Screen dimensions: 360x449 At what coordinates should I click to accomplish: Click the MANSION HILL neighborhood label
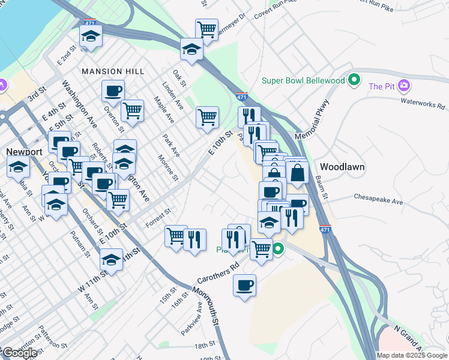[113, 71]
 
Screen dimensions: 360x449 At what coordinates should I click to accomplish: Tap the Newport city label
[25, 152]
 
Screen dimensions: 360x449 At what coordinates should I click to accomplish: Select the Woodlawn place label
[342, 167]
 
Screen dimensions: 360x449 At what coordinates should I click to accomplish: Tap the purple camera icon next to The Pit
[405, 86]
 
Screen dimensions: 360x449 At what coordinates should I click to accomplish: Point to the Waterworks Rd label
[423, 103]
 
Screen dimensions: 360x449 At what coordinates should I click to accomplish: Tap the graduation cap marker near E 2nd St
[91, 37]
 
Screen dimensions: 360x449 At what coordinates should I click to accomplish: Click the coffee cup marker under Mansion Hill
[113, 91]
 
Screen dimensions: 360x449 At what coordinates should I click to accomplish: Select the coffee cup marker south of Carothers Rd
[244, 286]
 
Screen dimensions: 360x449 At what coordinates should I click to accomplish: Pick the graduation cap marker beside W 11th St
[112, 260]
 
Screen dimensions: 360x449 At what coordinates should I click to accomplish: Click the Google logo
[19, 353]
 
